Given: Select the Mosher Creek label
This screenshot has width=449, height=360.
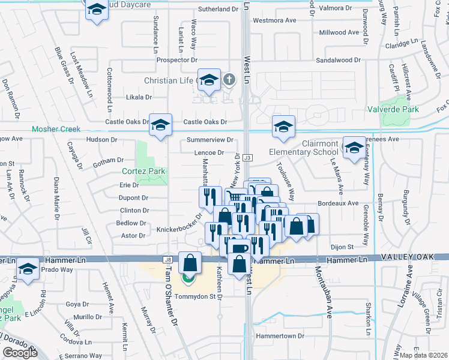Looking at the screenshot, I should (x=56, y=129).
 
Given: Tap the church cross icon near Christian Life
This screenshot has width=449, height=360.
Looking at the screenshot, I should (x=229, y=79).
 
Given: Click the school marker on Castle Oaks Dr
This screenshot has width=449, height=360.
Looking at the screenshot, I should (x=160, y=124).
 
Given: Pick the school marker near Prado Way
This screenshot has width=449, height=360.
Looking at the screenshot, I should (x=28, y=269).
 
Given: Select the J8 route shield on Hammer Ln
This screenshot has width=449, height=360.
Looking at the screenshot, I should (x=168, y=259).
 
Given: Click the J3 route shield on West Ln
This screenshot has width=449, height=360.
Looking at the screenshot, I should (x=247, y=157).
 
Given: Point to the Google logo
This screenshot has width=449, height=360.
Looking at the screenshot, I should (x=20, y=353).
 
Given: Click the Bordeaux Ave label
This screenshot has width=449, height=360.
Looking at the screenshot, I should (x=338, y=203).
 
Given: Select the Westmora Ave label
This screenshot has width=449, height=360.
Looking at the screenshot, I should (x=275, y=20).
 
